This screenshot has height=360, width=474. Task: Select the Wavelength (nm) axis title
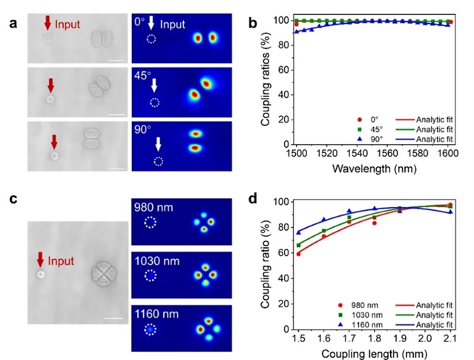[x=371, y=168]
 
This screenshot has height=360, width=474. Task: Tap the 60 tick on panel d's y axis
[x=283, y=252]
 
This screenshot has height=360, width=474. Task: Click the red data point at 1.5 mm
[x=298, y=254]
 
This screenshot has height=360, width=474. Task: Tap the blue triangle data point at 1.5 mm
[x=298, y=232]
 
